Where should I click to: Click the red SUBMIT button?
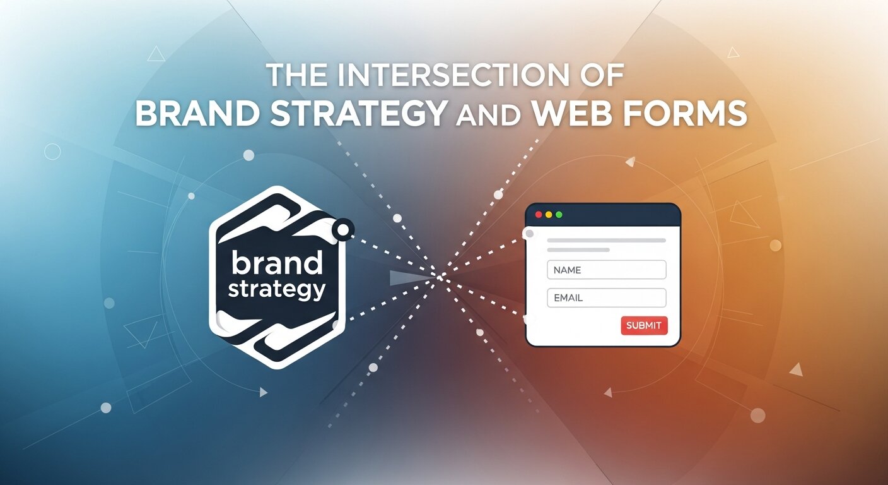[x=644, y=325]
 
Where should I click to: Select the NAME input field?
[x=606, y=270]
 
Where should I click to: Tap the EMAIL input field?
[x=606, y=297]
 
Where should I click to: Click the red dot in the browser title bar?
[x=539, y=215]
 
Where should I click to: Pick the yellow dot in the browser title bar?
[x=549, y=215]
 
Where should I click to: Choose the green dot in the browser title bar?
[x=559, y=215]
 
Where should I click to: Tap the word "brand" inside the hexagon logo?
[x=277, y=263]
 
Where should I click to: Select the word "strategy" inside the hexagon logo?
[x=277, y=289]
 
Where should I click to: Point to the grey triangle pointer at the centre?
[x=404, y=278]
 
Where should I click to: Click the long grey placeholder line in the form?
[x=606, y=241]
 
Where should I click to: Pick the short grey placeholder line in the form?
[x=578, y=250]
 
